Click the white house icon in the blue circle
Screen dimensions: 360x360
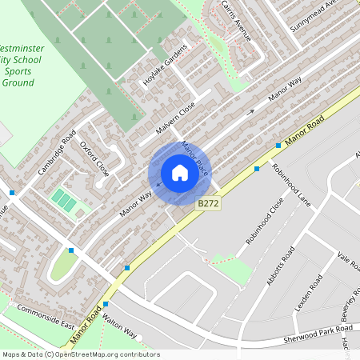[x=179, y=172]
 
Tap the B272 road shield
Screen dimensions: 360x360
[x=209, y=204]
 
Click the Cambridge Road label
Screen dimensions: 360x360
[x=56, y=152]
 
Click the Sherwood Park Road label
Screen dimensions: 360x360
[x=318, y=334]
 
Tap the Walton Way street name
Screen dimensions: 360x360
[x=121, y=326]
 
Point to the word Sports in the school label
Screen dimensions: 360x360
[x=18, y=70]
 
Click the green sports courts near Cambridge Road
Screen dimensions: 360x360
[x=64, y=200]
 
